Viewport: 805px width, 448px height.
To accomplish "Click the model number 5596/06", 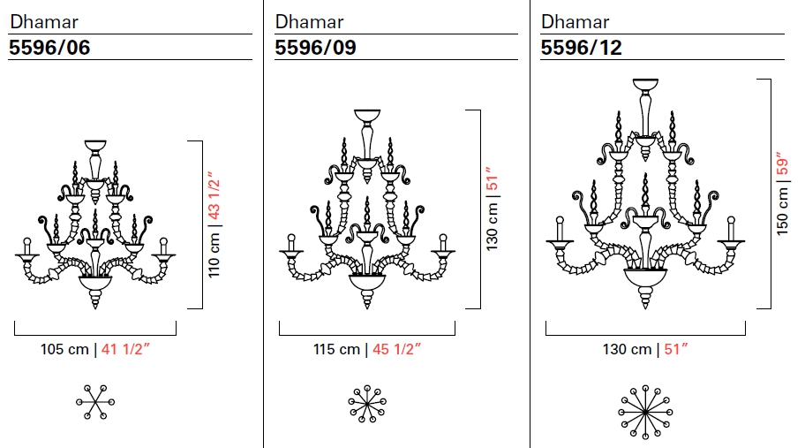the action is pyautogui.click(x=49, y=47).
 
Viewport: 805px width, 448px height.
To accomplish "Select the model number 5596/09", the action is pyautogui.click(x=315, y=47).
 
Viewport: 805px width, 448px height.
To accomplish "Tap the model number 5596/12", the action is pyautogui.click(x=581, y=47).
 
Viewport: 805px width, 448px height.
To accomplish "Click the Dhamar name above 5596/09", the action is pyautogui.click(x=309, y=21).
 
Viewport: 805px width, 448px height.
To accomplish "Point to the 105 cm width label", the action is pyautogui.click(x=64, y=349).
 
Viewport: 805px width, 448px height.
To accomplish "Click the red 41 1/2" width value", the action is pyautogui.click(x=125, y=349).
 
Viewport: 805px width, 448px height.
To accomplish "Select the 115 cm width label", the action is pyautogui.click(x=337, y=349).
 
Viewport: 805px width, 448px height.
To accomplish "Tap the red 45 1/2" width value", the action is pyautogui.click(x=397, y=349).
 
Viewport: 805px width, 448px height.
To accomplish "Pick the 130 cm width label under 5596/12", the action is pyautogui.click(x=627, y=349).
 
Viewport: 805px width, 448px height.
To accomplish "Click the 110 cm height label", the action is pyautogui.click(x=214, y=254).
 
